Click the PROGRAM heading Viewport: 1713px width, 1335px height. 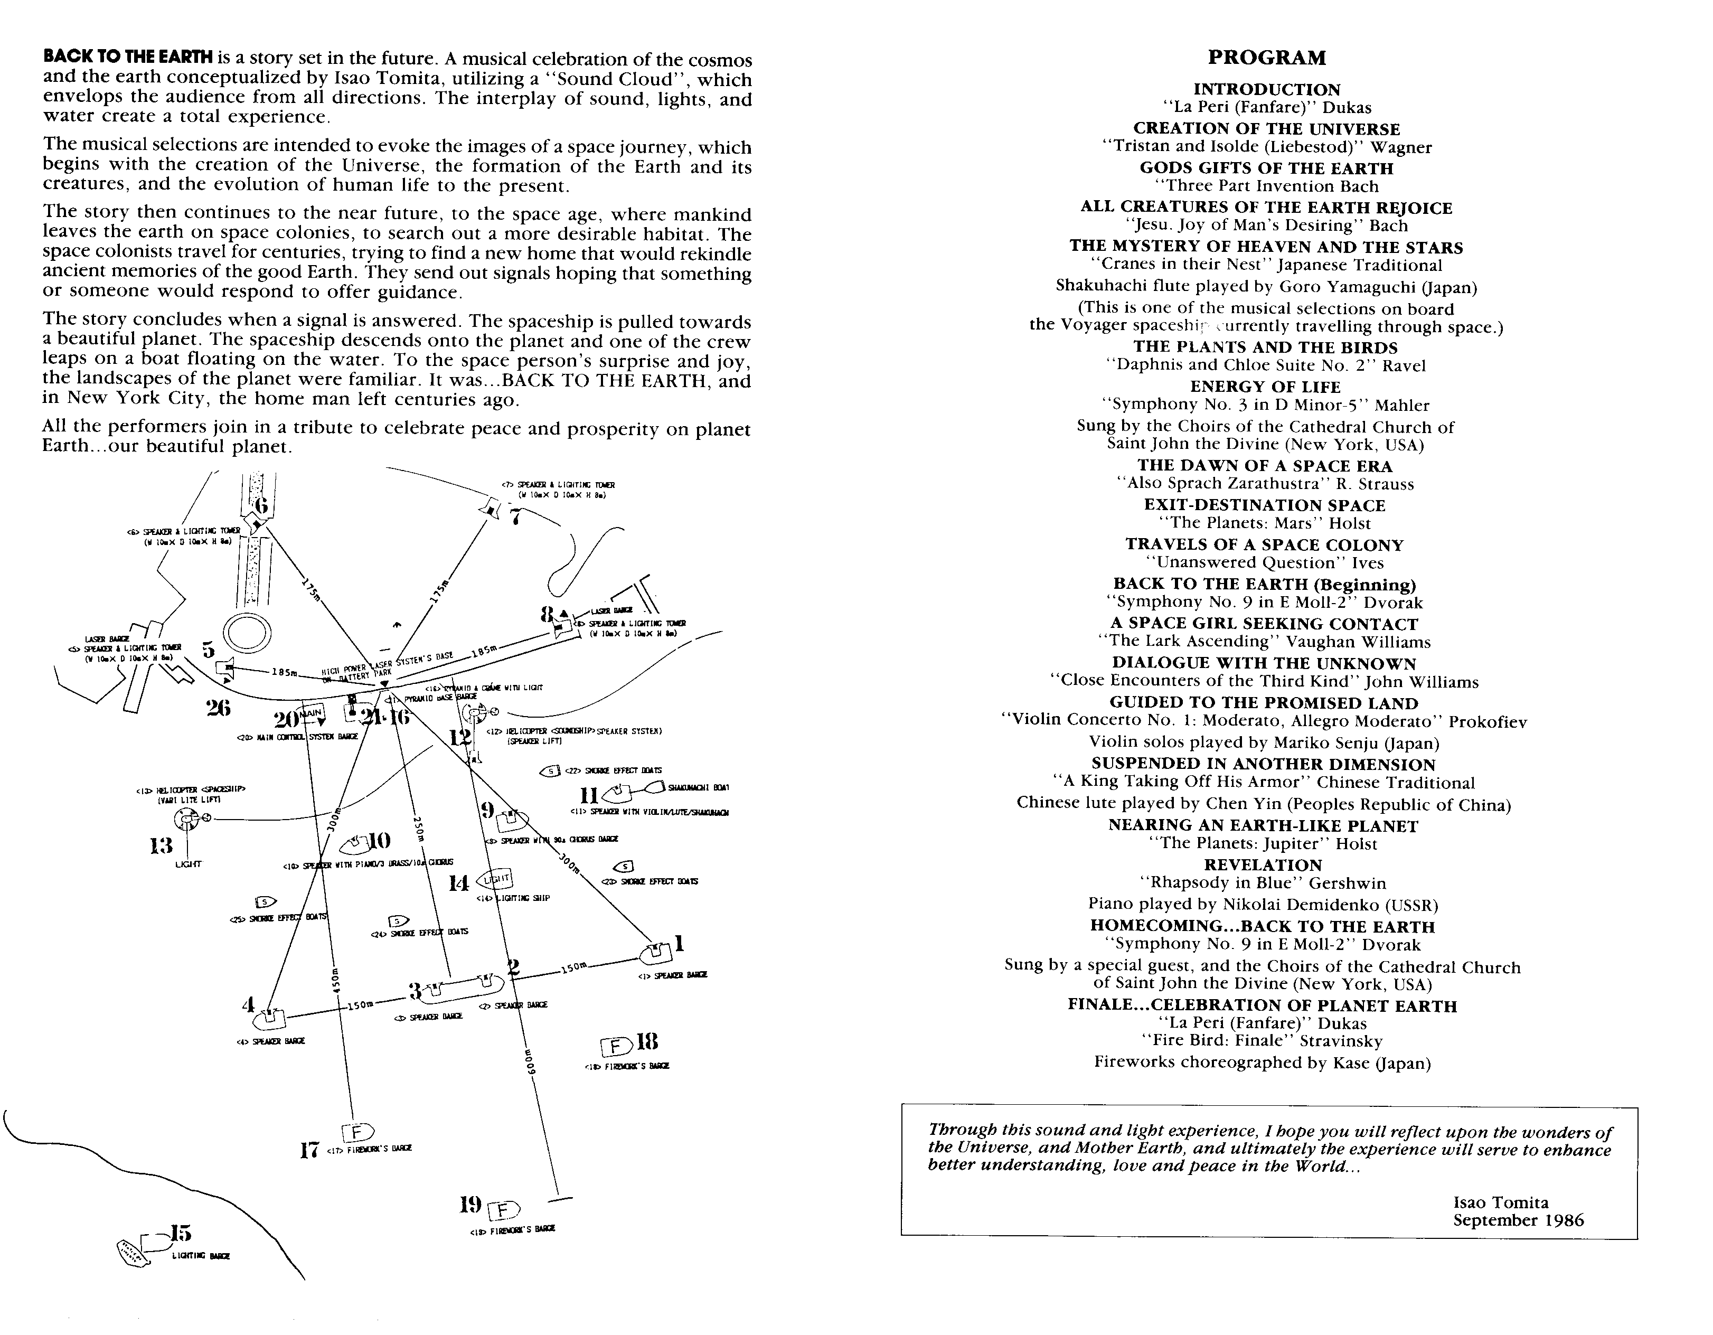[1267, 58]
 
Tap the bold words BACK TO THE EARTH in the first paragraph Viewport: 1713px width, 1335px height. [128, 57]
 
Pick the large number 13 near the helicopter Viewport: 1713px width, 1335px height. [161, 845]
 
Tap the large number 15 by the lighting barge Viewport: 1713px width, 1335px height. [181, 1233]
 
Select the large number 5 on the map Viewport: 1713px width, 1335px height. [208, 650]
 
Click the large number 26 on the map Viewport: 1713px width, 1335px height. [218, 708]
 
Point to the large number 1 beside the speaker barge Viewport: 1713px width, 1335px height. [679, 944]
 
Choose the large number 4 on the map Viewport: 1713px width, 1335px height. [249, 1005]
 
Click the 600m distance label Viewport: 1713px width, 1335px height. [530, 1062]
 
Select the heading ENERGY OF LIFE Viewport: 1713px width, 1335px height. [1265, 387]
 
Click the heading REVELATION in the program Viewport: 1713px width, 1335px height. [1263, 865]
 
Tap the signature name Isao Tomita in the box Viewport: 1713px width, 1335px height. [1500, 1202]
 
